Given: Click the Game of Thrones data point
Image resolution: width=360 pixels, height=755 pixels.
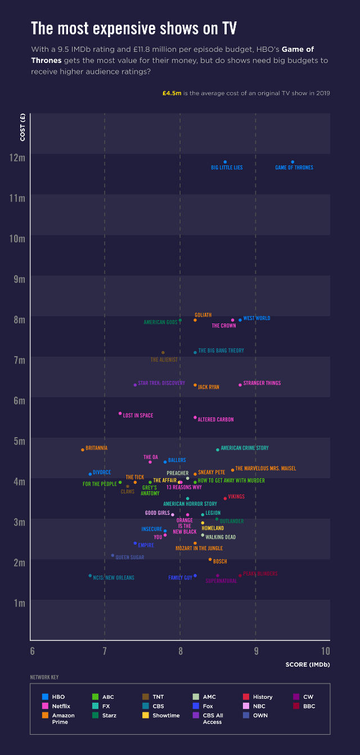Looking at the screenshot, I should [x=292, y=162].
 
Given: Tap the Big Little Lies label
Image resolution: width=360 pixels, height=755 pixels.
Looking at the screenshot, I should [x=227, y=168].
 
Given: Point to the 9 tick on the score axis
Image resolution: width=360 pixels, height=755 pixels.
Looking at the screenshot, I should [x=256, y=651].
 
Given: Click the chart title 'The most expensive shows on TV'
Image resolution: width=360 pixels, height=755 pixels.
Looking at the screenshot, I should [x=133, y=28].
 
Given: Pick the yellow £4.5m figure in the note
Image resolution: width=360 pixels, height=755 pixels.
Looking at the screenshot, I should [x=172, y=93].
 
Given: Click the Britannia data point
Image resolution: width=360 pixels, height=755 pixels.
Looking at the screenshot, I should [x=83, y=450].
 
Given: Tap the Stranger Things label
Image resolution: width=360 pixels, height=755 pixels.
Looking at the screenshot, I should [x=262, y=384].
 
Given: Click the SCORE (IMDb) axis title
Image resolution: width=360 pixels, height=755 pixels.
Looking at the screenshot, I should [x=308, y=664].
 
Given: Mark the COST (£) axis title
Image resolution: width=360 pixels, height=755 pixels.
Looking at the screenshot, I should [x=23, y=127].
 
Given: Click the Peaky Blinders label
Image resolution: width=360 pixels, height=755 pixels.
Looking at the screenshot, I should [x=260, y=574].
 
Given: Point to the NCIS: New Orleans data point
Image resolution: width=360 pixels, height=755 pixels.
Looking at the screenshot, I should [x=90, y=576].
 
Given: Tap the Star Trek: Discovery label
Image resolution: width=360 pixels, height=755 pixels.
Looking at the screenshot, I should [x=161, y=383].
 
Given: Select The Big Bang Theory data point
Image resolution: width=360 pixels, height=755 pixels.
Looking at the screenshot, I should [x=195, y=352].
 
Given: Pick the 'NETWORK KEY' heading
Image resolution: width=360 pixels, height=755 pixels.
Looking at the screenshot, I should [x=44, y=677].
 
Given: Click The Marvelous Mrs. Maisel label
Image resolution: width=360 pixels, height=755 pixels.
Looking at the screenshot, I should [x=265, y=469].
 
